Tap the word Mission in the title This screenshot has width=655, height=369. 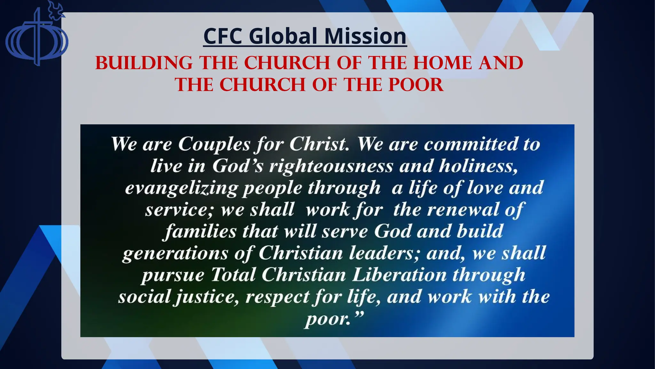(365, 36)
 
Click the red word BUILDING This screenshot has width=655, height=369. (144, 63)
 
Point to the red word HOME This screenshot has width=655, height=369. (442, 63)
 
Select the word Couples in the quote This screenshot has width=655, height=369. (214, 144)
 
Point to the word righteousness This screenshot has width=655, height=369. (331, 166)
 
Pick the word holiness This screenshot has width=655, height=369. (478, 166)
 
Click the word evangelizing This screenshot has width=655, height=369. (181, 188)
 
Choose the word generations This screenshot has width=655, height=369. (175, 253)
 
